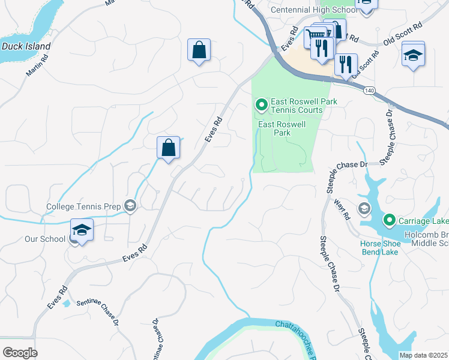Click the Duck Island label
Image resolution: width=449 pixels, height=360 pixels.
point(26,46)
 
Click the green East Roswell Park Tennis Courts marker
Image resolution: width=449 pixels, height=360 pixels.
point(262,106)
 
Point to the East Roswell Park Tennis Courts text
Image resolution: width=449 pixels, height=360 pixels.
point(304,106)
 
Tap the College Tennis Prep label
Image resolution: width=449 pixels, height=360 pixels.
point(84,207)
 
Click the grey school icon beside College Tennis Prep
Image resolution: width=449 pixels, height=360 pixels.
point(130,206)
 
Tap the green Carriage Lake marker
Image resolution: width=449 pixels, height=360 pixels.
point(389,220)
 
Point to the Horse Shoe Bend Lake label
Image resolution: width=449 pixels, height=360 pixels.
point(379,248)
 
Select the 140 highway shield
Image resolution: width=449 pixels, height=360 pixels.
point(369,89)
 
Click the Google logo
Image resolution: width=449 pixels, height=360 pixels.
point(20,353)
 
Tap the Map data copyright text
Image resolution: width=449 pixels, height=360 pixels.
point(424,355)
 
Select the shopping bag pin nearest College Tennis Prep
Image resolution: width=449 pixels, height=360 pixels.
point(169,148)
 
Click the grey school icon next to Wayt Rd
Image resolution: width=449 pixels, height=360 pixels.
point(363,209)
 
